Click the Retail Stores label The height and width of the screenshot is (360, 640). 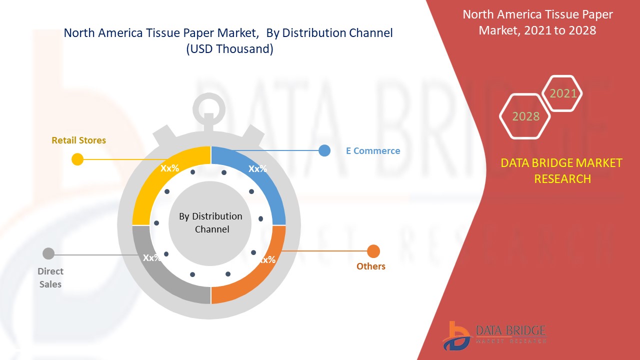coord(79,140)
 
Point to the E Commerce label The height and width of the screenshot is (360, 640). coord(373,150)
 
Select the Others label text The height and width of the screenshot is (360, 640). coord(371,266)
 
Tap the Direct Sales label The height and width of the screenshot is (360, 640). coord(50,277)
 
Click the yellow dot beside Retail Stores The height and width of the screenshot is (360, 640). coord(77,159)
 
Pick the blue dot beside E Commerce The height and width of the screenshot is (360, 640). coord(324,150)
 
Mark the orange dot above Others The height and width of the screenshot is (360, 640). coord(373,251)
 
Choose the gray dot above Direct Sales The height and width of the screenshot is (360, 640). coord(48,253)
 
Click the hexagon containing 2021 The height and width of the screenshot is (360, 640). coord(563,93)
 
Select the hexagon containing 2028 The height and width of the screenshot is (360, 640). coord(525,116)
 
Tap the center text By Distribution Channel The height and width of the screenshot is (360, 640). coord(210,222)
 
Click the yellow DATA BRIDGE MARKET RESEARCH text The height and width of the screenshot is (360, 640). coord(561,170)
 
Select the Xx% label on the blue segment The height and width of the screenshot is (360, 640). coord(257,168)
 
